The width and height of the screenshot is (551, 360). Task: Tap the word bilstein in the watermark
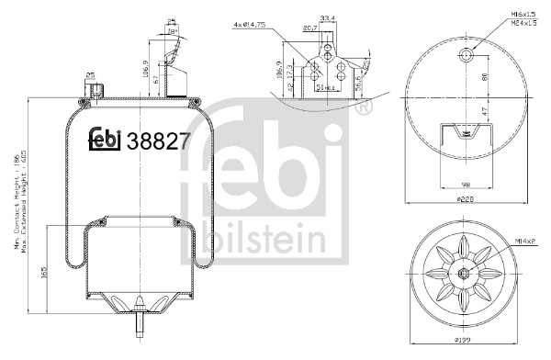(270, 242)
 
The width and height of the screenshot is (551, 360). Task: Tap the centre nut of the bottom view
(467, 273)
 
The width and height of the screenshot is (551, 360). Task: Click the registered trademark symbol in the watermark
(363, 110)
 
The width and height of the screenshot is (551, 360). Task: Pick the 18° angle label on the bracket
(174, 31)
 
